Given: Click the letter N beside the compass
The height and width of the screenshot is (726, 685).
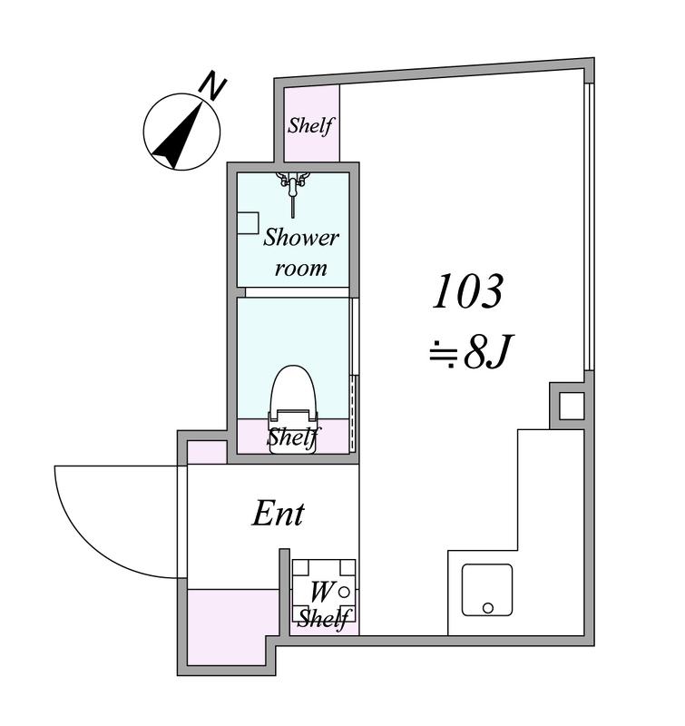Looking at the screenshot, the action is [x=212, y=85].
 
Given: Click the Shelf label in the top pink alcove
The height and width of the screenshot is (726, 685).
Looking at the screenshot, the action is [x=310, y=125].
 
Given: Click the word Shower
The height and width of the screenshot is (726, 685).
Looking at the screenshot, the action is [x=301, y=238].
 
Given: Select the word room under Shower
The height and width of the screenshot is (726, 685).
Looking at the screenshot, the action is [x=301, y=269].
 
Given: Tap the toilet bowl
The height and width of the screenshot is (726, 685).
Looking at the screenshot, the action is [x=293, y=407].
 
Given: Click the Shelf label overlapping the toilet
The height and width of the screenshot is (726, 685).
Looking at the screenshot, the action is [x=294, y=437].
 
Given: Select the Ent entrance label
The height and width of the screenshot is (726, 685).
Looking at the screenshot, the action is [x=279, y=514].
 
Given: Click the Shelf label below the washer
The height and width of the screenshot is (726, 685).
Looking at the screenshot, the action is [x=324, y=618].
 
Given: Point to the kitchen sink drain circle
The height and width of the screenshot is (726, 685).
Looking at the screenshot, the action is [x=488, y=608].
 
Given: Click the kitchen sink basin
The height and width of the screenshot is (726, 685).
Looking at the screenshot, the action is [x=487, y=590].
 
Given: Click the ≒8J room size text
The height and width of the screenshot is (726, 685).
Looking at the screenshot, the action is [x=470, y=351].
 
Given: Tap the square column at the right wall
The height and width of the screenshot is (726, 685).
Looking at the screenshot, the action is [x=572, y=406].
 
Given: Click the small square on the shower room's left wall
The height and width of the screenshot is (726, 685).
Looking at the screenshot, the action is [x=248, y=222].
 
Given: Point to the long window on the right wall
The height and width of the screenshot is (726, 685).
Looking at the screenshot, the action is [x=589, y=227].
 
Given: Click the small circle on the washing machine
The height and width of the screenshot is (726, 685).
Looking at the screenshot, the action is [x=344, y=592].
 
